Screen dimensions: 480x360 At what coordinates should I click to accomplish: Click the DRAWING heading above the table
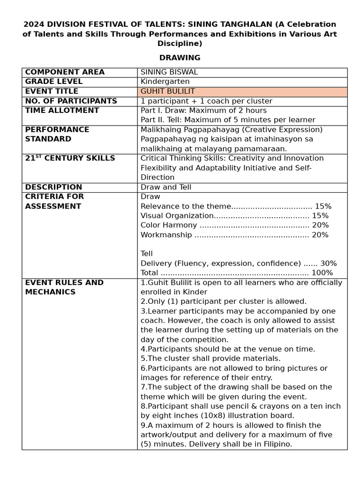tap(180, 58)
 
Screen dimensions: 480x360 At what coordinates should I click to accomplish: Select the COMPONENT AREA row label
tap(65, 72)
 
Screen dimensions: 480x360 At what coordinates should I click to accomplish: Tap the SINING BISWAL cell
tap(169, 72)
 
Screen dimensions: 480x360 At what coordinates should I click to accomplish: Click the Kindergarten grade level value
tap(165, 82)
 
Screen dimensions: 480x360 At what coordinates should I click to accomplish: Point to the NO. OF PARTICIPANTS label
tap(71, 101)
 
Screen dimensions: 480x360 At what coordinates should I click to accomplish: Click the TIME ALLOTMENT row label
tap(62, 111)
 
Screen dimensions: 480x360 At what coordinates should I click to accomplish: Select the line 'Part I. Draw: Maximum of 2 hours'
tap(203, 111)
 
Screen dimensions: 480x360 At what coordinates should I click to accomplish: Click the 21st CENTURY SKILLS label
tap(70, 158)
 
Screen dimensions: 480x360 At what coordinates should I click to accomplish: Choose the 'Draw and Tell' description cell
tap(165, 187)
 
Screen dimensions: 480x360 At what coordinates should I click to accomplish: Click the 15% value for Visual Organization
tap(320, 216)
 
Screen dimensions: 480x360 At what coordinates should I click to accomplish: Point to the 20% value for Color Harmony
tap(320, 225)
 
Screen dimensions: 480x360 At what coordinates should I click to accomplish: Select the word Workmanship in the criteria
tap(166, 235)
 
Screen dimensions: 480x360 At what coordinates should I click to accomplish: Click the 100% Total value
tap(322, 273)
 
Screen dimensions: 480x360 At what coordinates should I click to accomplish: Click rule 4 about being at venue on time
tap(228, 349)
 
